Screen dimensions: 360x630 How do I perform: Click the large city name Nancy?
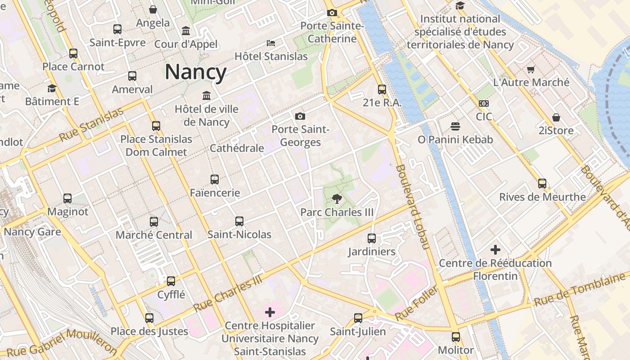tap(196, 72)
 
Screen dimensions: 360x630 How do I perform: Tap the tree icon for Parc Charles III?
tap(337, 199)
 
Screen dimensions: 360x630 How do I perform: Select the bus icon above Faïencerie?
tap(215, 180)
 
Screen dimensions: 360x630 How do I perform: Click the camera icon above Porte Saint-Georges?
tap(300, 117)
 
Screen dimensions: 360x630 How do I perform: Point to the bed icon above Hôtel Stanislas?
tap(271, 43)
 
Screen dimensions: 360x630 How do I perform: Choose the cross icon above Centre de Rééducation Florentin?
tap(495, 250)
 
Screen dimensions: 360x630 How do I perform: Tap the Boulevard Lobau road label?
tap(413, 207)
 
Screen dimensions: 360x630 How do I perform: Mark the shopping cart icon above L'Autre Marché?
tap(531, 69)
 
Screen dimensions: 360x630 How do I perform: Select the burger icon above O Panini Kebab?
tap(455, 126)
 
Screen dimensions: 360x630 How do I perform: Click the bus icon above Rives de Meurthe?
tap(542, 184)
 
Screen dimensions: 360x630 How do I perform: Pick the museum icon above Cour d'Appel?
tap(186, 31)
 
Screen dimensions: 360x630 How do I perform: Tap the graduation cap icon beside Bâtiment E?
tap(52, 88)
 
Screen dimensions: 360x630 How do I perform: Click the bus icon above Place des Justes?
tap(149, 318)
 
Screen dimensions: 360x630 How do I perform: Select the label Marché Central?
tap(154, 235)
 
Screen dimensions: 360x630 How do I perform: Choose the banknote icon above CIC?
tap(484, 103)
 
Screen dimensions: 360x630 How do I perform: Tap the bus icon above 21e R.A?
tap(382, 90)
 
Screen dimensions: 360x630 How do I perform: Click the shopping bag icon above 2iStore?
tap(556, 117)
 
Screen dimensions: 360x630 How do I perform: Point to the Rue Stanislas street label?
tap(91, 125)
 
